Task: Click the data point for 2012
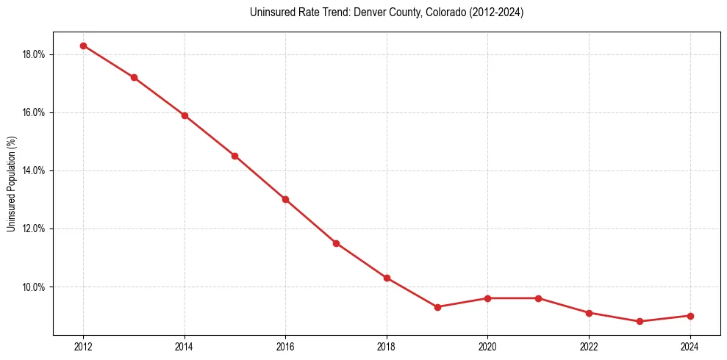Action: pyautogui.click(x=83, y=46)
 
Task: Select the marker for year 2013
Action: pyautogui.click(x=134, y=77)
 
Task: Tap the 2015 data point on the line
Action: pyautogui.click(x=234, y=156)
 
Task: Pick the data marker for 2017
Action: pyautogui.click(x=336, y=243)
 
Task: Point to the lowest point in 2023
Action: pyautogui.click(x=640, y=321)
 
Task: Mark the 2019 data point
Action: pyautogui.click(x=437, y=307)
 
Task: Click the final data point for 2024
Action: pyautogui.click(x=690, y=316)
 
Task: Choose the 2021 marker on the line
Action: pyautogui.click(x=538, y=298)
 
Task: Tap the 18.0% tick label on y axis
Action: pyautogui.click(x=35, y=54)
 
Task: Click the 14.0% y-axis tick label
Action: pyautogui.click(x=35, y=170)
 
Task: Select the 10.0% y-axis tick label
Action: pyautogui.click(x=35, y=287)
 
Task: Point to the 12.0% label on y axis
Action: pyautogui.click(x=35, y=228)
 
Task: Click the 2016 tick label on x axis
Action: pyautogui.click(x=285, y=347)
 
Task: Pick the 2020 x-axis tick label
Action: pyautogui.click(x=487, y=347)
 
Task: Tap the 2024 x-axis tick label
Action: pyautogui.click(x=690, y=347)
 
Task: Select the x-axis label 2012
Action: pyautogui.click(x=83, y=347)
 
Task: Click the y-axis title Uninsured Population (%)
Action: pyautogui.click(x=12, y=184)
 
